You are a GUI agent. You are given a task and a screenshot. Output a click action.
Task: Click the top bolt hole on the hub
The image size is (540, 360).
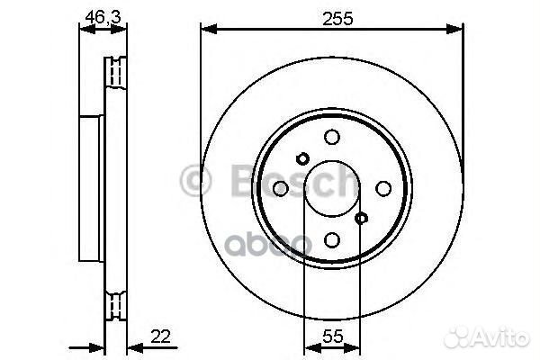click(x=331, y=137)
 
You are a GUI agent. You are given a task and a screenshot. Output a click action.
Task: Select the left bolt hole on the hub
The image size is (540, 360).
click(x=280, y=188)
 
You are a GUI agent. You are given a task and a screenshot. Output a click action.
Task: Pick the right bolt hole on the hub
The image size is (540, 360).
click(x=382, y=188)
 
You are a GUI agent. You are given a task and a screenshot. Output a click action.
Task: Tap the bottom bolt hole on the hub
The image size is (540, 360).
click(x=331, y=239)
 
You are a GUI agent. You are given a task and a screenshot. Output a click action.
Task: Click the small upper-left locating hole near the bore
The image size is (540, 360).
click(x=302, y=158)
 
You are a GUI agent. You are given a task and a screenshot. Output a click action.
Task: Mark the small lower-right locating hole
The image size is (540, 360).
click(x=361, y=218)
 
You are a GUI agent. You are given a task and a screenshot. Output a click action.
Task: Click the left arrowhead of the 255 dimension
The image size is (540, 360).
click(x=206, y=30)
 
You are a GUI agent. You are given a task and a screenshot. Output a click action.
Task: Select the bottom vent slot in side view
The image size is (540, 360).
click(x=114, y=305)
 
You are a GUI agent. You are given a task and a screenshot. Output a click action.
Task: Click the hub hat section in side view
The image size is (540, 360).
click(x=93, y=187)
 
